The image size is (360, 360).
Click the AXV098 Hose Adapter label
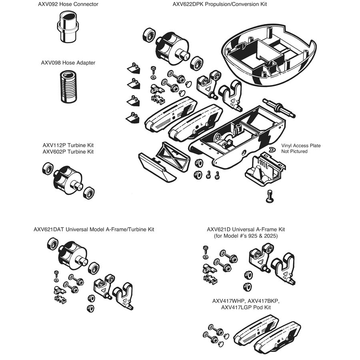coord(68,63)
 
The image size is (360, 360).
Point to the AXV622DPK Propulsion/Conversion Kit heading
coord(220,4)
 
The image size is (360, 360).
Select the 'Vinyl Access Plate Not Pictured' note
coord(300,148)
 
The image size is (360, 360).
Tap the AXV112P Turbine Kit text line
coord(68,145)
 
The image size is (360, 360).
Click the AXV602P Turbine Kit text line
coord(68,152)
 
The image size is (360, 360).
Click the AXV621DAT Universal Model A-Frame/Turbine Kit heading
coord(94,229)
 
